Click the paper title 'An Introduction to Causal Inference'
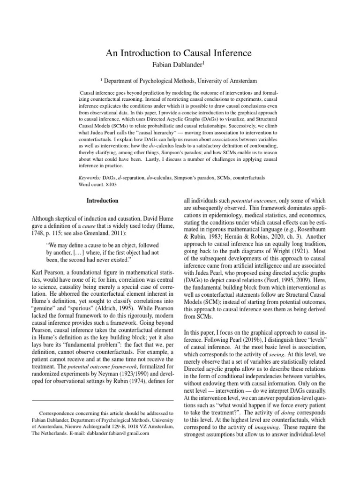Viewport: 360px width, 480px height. tap(180, 53)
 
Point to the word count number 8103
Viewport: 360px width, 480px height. tap(111, 185)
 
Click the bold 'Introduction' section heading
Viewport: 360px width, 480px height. tap(102, 201)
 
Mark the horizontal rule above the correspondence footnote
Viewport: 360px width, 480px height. tap(102, 400)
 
